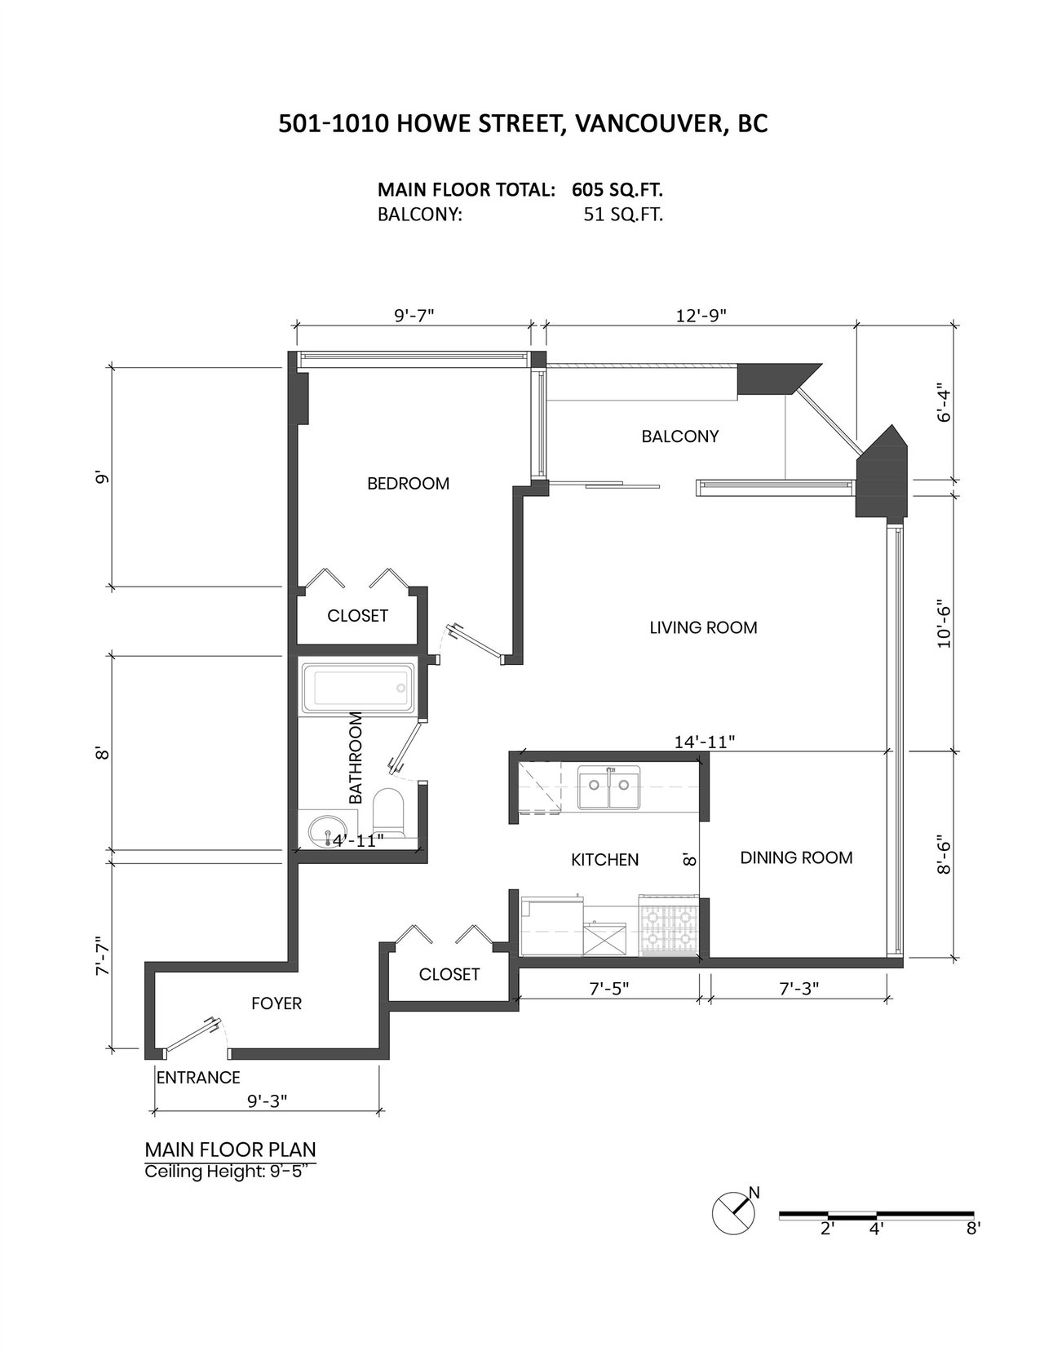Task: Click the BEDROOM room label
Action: point(408,483)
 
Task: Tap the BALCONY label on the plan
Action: point(680,436)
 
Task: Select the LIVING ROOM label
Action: point(703,627)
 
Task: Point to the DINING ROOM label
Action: point(796,857)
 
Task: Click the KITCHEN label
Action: point(604,859)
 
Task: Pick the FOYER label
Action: point(276,1003)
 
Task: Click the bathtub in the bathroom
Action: point(357,688)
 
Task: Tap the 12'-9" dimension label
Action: point(701,316)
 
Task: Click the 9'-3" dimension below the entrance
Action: point(268,1101)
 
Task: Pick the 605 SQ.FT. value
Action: point(617,189)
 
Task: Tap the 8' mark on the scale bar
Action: point(973,1229)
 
